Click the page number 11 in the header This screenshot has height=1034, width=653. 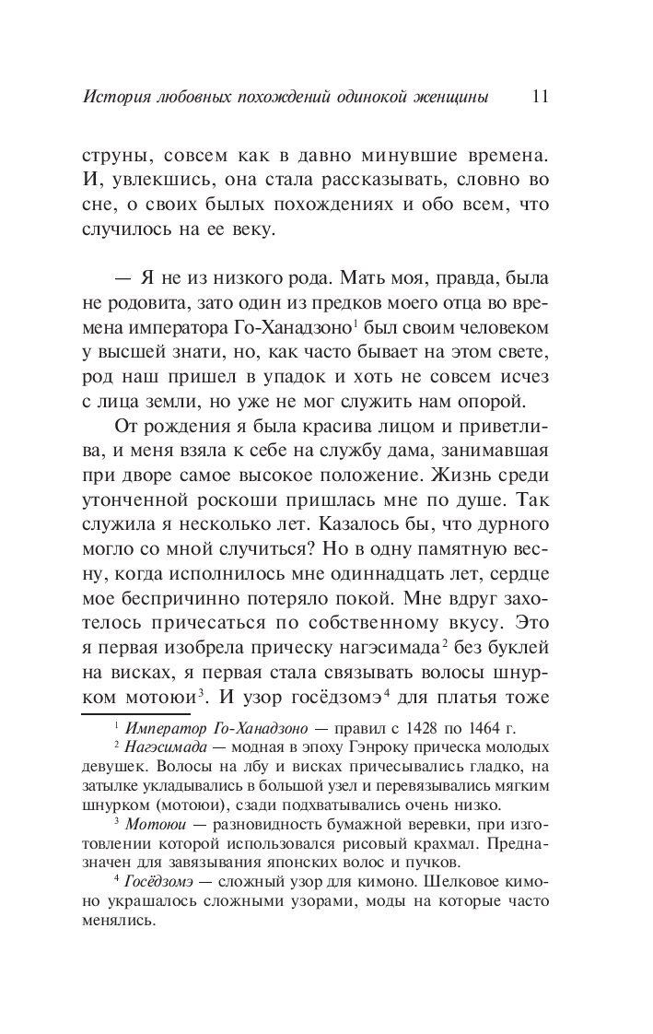point(541,96)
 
